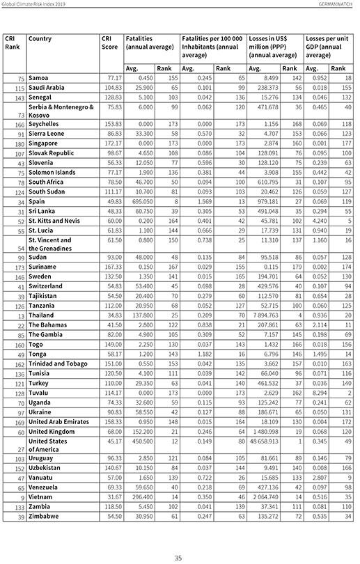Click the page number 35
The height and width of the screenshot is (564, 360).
pos(178,557)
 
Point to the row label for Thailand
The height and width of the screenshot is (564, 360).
pos(43,315)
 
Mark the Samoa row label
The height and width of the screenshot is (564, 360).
pos(40,78)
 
